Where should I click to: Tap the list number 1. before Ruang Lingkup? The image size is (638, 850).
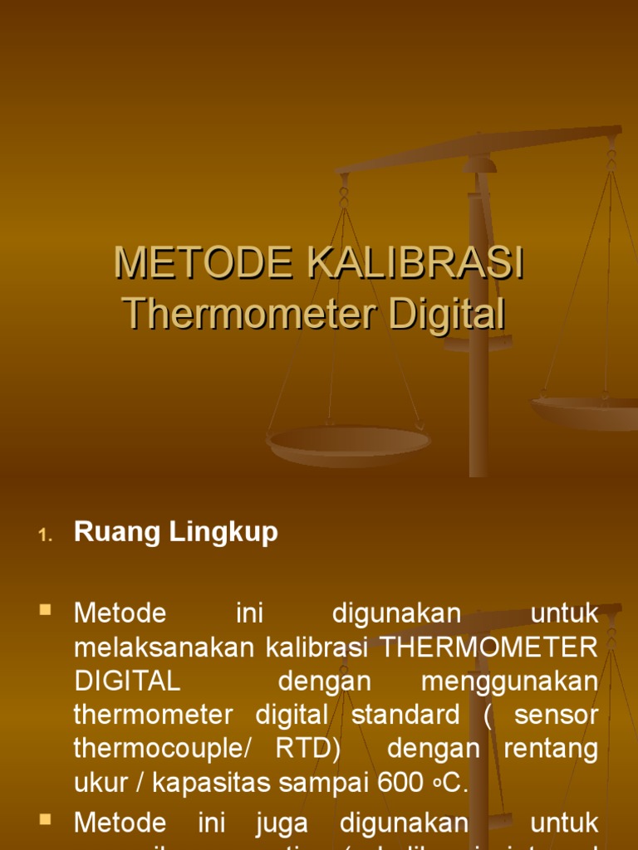click(x=45, y=536)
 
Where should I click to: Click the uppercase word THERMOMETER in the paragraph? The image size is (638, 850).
click(x=488, y=647)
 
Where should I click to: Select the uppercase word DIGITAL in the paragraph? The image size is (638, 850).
click(x=126, y=681)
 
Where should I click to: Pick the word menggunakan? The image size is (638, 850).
click(x=509, y=681)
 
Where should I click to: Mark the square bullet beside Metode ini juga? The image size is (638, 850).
click(x=46, y=820)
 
